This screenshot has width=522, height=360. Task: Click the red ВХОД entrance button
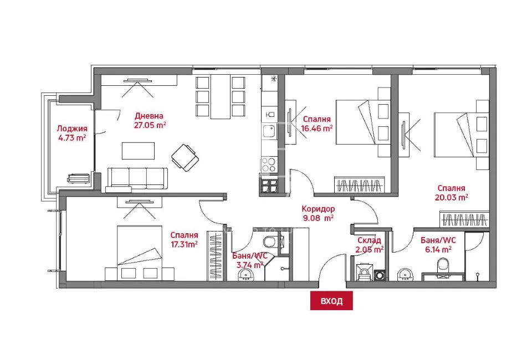[331, 301]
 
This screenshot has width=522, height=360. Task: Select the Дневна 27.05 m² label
[150, 120]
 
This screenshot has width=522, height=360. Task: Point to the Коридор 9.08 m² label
[318, 213]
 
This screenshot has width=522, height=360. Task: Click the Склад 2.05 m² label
[370, 245]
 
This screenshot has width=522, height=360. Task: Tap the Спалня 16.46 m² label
[317, 123]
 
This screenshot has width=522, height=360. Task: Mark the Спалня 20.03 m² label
[452, 192]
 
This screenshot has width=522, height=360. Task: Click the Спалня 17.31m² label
[184, 239]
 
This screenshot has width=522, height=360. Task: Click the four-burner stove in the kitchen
[269, 164]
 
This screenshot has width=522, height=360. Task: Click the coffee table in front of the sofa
[138, 151]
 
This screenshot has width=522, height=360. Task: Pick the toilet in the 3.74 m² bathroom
[270, 241]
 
